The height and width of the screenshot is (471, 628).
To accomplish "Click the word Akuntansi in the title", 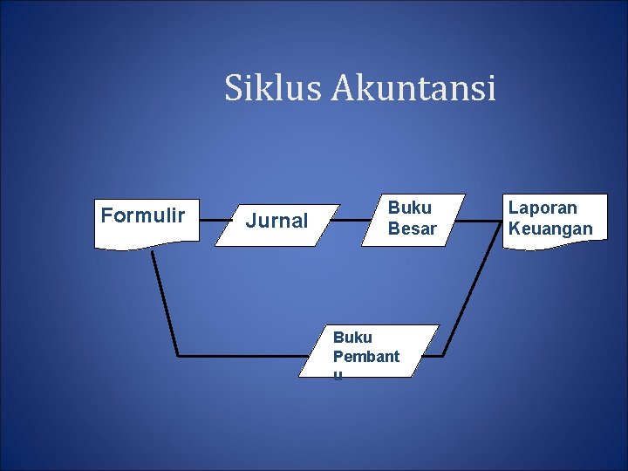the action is (413, 88).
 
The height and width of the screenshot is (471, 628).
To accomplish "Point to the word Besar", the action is (412, 229).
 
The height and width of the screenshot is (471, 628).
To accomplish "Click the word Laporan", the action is (543, 208).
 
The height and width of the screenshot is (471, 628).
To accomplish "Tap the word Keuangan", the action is (549, 229).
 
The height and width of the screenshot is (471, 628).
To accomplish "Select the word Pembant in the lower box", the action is (365, 356).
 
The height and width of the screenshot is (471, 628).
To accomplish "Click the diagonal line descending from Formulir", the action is (164, 301).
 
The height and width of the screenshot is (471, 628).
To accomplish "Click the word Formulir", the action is (143, 215).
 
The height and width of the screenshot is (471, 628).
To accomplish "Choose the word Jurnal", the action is (276, 222).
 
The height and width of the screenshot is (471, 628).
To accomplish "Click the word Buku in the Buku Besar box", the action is (409, 208).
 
